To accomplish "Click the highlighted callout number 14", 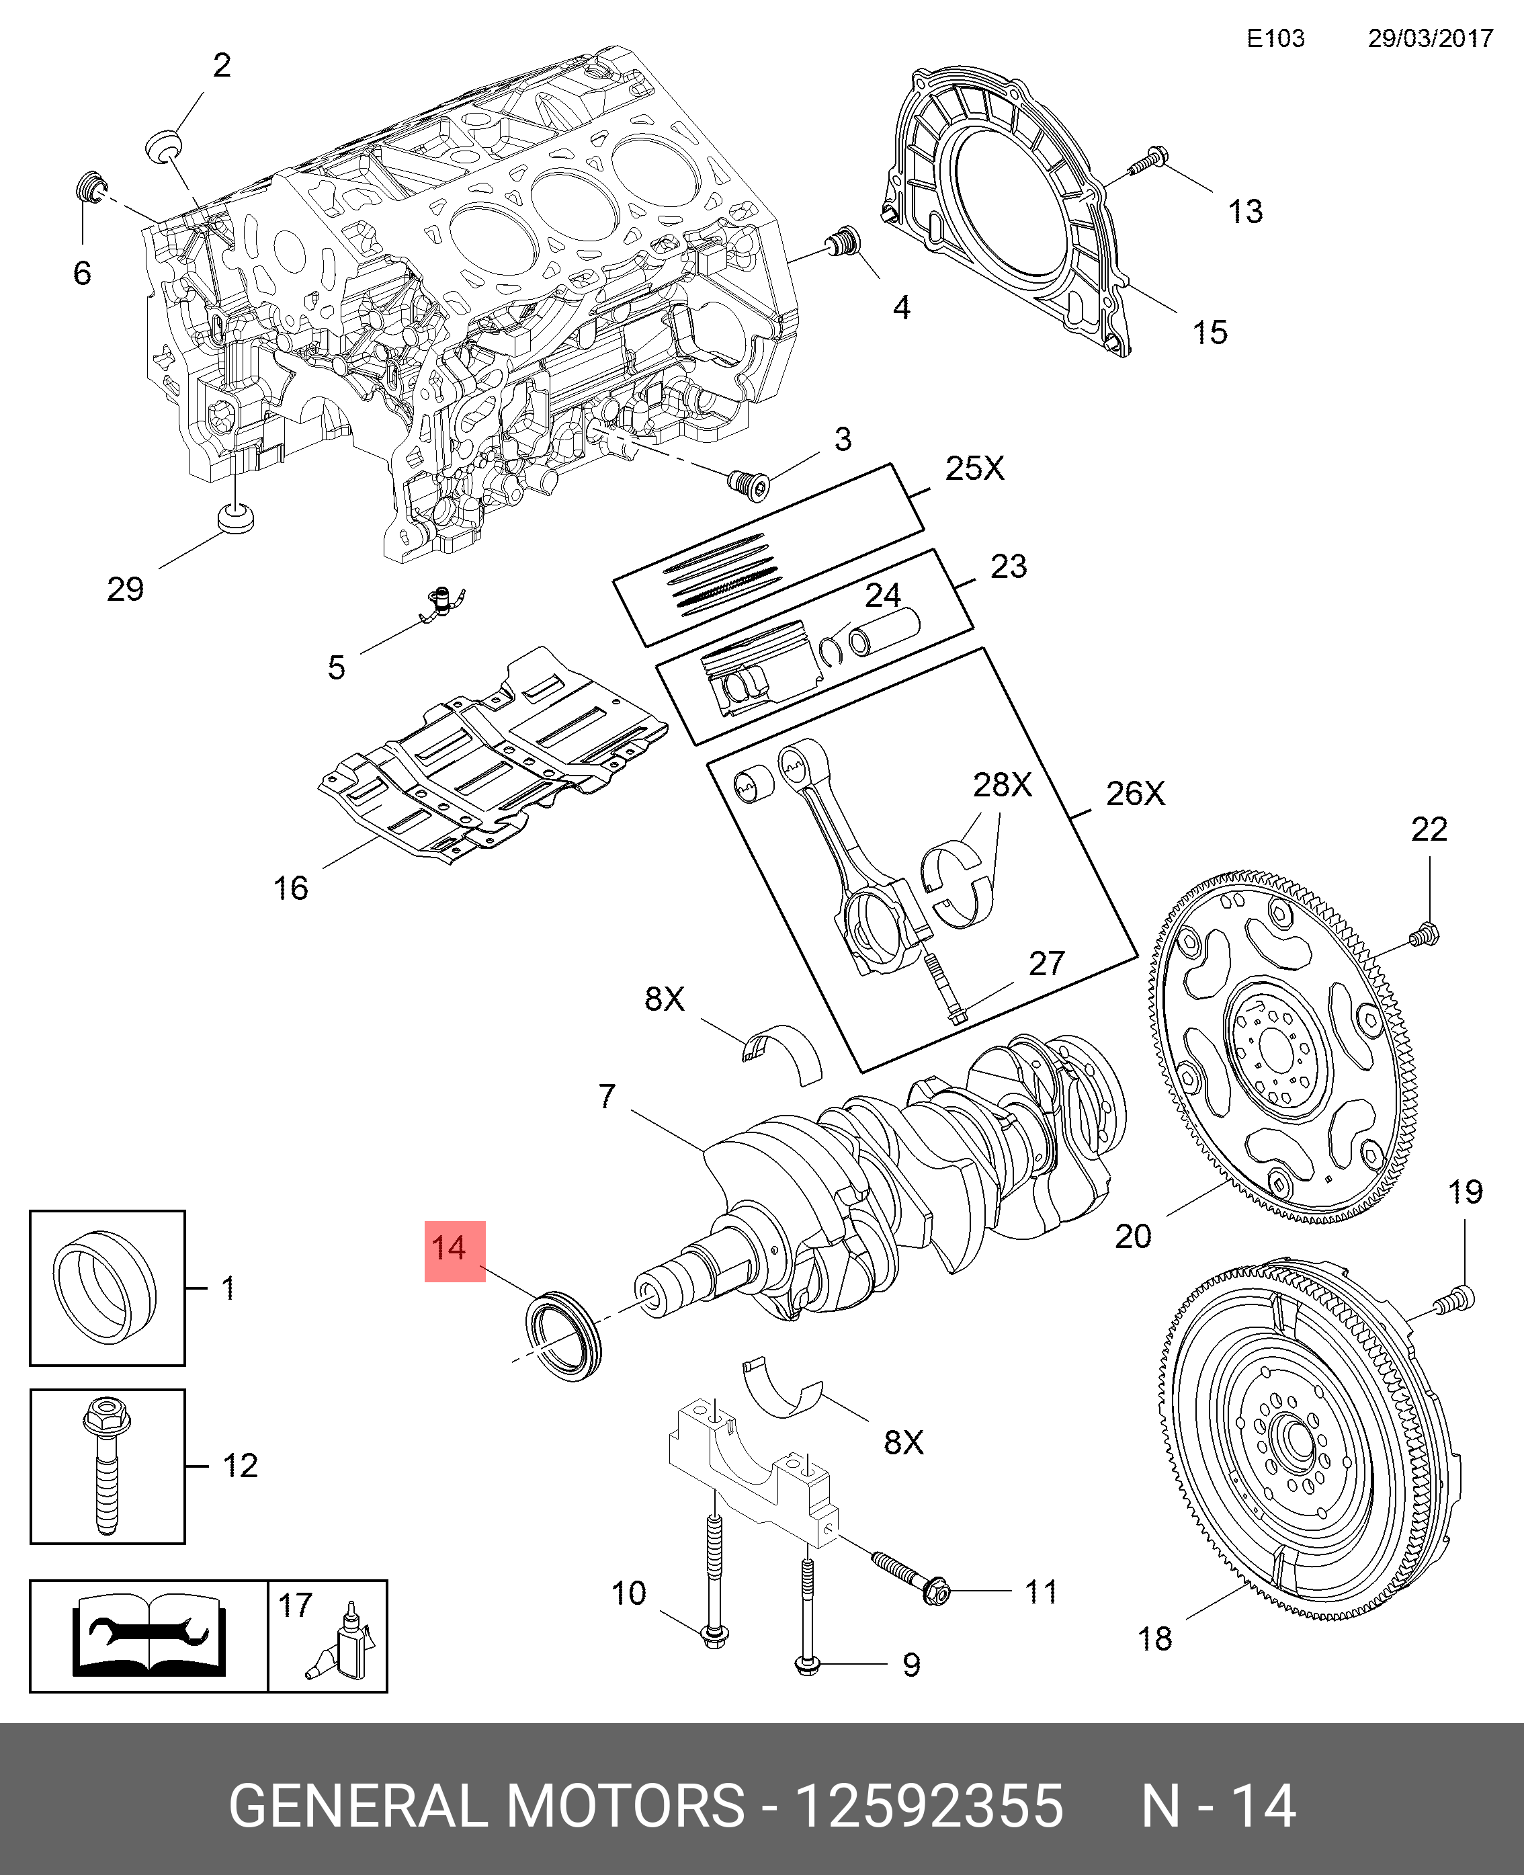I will (454, 1249).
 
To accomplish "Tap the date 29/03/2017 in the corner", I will (1430, 38).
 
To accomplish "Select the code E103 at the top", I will (1275, 38).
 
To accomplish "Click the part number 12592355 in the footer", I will (929, 1806).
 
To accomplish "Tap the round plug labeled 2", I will (163, 145).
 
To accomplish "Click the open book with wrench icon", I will (149, 1636).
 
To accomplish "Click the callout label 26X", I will (1134, 794).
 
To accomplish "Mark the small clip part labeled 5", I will (444, 603).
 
